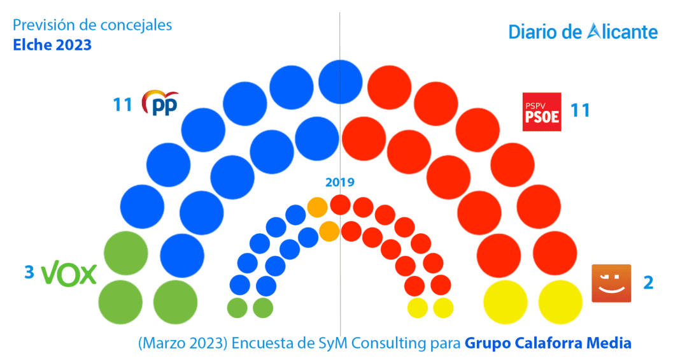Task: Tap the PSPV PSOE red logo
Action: coord(541,112)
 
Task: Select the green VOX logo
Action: coord(69,275)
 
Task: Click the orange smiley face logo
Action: coord(611,283)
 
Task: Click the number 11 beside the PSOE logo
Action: coord(580,110)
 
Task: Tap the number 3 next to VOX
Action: coord(29,273)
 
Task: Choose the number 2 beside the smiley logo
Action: coord(648,282)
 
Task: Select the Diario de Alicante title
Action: coord(583,32)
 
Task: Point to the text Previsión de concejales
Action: coord(92,25)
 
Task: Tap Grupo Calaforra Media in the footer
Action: coord(548,343)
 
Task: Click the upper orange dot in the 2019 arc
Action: coord(317,206)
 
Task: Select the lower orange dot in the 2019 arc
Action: coord(329,230)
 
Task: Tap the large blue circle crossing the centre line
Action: coord(341,81)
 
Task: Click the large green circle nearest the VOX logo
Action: coord(125,252)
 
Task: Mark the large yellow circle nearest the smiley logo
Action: coord(560,301)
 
